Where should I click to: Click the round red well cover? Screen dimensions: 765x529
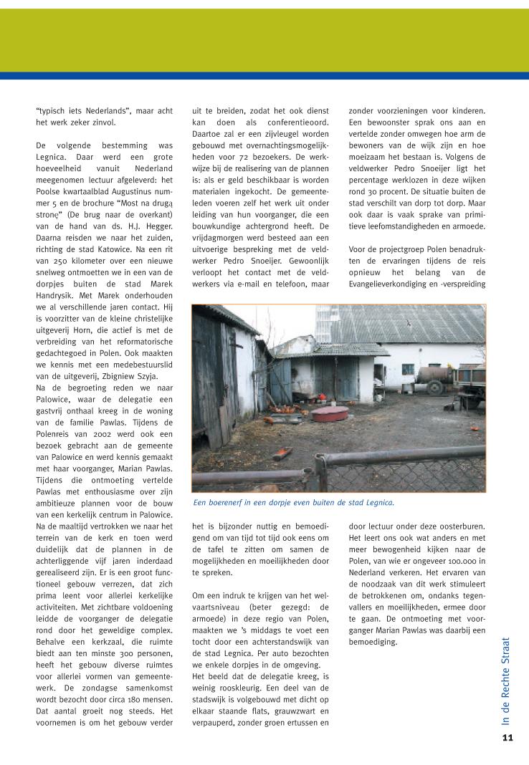(330, 413)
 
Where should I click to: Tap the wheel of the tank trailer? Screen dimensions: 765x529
(435, 387)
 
